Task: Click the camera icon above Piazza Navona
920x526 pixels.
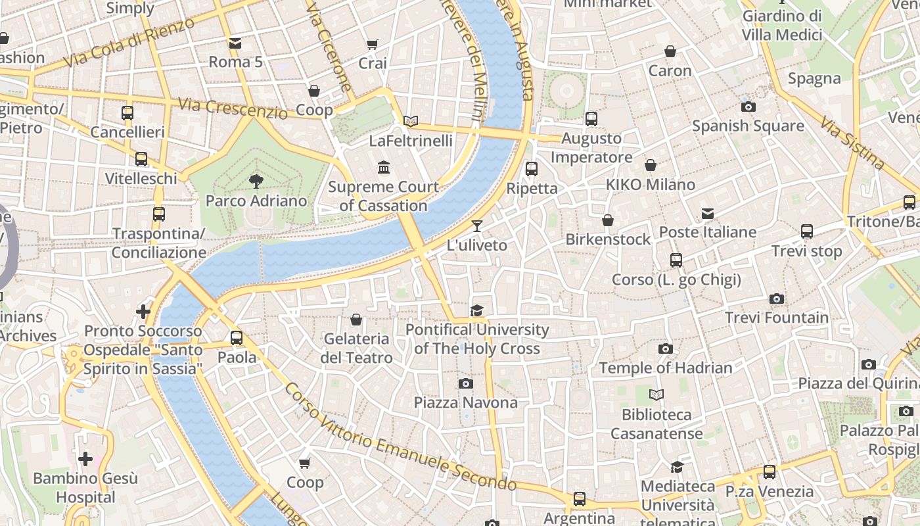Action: click(x=466, y=383)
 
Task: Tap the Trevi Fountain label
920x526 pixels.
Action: click(x=777, y=318)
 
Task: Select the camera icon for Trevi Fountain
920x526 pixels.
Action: click(x=777, y=299)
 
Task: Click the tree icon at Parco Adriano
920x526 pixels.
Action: click(x=256, y=181)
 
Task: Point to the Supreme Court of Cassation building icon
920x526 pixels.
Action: click(x=384, y=168)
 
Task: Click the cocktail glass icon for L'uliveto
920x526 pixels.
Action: click(x=477, y=226)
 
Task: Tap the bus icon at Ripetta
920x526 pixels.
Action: click(x=532, y=169)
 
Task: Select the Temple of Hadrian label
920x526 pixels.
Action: click(x=665, y=368)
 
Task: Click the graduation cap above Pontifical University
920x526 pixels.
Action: click(x=476, y=310)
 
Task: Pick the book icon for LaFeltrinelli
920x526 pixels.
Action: click(x=411, y=121)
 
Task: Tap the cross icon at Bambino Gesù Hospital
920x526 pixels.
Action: click(x=85, y=459)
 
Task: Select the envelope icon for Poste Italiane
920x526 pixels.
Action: click(x=708, y=214)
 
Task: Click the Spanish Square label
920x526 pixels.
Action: click(x=748, y=126)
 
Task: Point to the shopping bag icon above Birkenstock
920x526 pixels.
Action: click(x=608, y=220)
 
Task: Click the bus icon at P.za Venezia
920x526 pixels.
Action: click(x=769, y=472)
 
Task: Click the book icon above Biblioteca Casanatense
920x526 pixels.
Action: click(x=656, y=395)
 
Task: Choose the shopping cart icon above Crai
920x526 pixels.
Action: click(x=373, y=45)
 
